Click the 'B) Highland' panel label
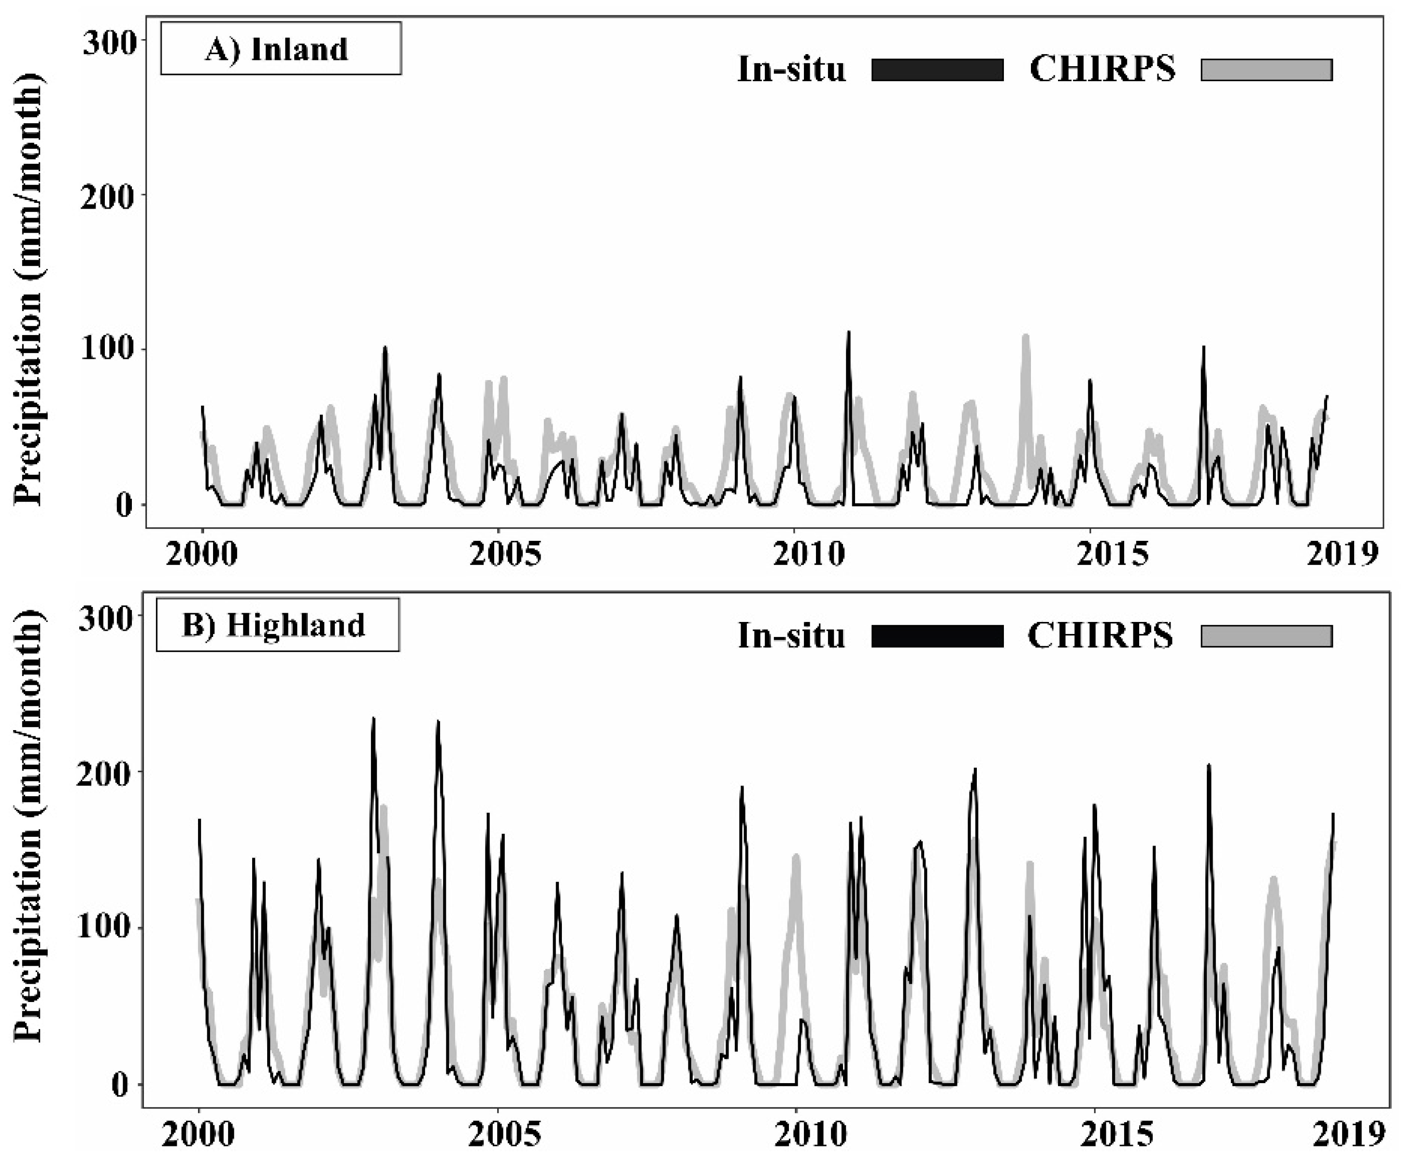[x=277, y=625]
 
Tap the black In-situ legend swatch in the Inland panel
[x=937, y=70]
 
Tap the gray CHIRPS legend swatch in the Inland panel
[x=1266, y=70]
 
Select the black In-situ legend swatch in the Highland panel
[x=937, y=636]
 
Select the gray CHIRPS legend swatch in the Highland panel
[x=1266, y=636]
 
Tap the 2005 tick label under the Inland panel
[x=504, y=554]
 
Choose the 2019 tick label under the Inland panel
[x=1342, y=554]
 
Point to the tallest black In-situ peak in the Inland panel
[x=848, y=333]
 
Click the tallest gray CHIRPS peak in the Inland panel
[x=1026, y=337]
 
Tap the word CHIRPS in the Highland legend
[x=1100, y=635]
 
